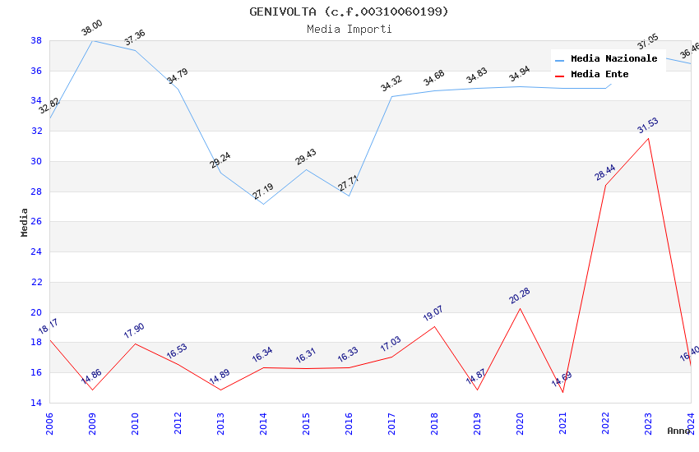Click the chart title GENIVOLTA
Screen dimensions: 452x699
click(349, 12)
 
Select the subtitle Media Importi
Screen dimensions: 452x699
click(349, 29)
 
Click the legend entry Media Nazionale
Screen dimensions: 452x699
click(613, 59)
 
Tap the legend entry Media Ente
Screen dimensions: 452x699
click(599, 75)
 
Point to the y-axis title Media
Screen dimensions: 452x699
click(25, 222)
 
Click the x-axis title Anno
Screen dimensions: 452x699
click(678, 431)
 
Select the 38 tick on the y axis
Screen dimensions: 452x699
click(36, 40)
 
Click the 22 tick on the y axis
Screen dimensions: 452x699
click(36, 282)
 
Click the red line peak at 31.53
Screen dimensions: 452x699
click(648, 138)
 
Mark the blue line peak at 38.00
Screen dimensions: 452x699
click(92, 40)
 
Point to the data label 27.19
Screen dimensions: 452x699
click(263, 191)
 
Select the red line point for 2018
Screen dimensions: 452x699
click(434, 326)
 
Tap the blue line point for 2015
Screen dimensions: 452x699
click(306, 169)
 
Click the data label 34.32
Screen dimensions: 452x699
click(391, 84)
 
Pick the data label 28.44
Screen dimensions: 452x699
click(605, 173)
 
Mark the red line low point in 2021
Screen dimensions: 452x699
click(562, 392)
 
